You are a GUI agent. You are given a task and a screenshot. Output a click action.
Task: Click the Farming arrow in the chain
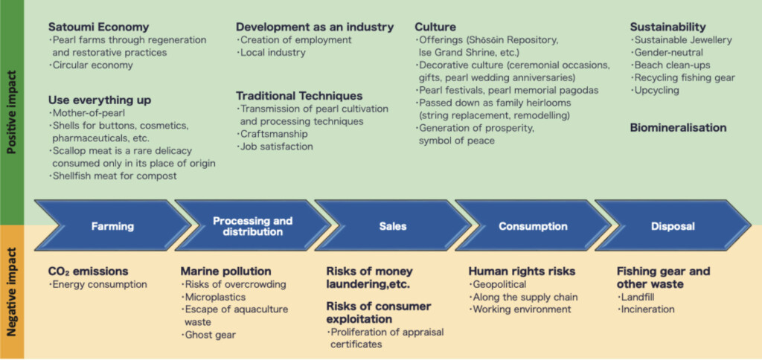pyautogui.click(x=113, y=225)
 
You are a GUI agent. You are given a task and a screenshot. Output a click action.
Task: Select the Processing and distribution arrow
pyautogui.click(x=253, y=225)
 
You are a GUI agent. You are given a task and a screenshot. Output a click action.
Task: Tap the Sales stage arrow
pyautogui.click(x=393, y=225)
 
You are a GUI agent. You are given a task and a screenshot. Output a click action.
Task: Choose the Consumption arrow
pyautogui.click(x=533, y=225)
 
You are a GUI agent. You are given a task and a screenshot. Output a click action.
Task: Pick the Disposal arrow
pyautogui.click(x=673, y=225)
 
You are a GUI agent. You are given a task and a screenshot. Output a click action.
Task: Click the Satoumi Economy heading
pyautogui.click(x=99, y=28)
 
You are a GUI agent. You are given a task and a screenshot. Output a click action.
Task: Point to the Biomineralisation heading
pyautogui.click(x=679, y=128)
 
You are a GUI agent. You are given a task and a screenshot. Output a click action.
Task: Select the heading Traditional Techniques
pyautogui.click(x=299, y=96)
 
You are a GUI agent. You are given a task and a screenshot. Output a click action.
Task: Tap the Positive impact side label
pyautogui.click(x=12, y=112)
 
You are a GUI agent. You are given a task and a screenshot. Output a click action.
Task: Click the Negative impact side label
pyautogui.click(x=12, y=292)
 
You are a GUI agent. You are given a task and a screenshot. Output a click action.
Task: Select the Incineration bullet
pyautogui.click(x=646, y=309)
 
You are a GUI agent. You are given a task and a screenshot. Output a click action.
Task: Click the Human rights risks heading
pyautogui.click(x=522, y=271)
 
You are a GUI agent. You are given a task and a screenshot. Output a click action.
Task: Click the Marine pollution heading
pyautogui.click(x=226, y=271)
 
